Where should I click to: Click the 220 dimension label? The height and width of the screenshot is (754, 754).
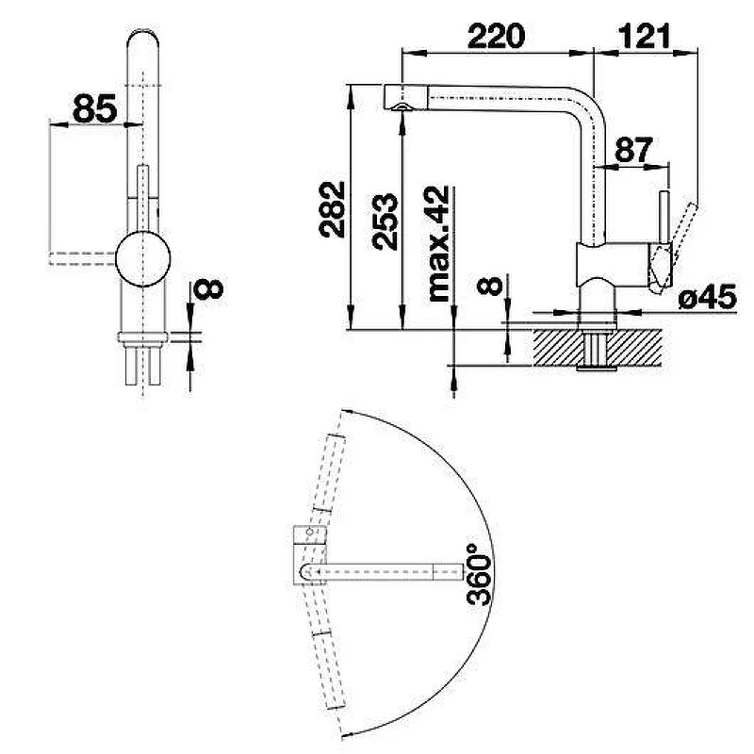coord(496,37)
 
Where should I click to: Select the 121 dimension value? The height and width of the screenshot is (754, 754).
coord(644,37)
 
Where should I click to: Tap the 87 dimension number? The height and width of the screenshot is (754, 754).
coord(633,150)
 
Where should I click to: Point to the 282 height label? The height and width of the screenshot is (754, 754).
coord(333,209)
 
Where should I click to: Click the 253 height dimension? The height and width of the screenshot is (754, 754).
coord(385,221)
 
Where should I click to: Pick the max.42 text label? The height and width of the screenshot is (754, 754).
coord(438,244)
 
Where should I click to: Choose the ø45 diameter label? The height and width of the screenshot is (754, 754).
coord(708,297)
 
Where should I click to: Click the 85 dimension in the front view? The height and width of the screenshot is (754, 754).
coord(95,108)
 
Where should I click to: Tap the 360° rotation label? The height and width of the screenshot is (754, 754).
coord(479,574)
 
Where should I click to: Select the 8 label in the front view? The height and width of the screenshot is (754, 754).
coord(208,289)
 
